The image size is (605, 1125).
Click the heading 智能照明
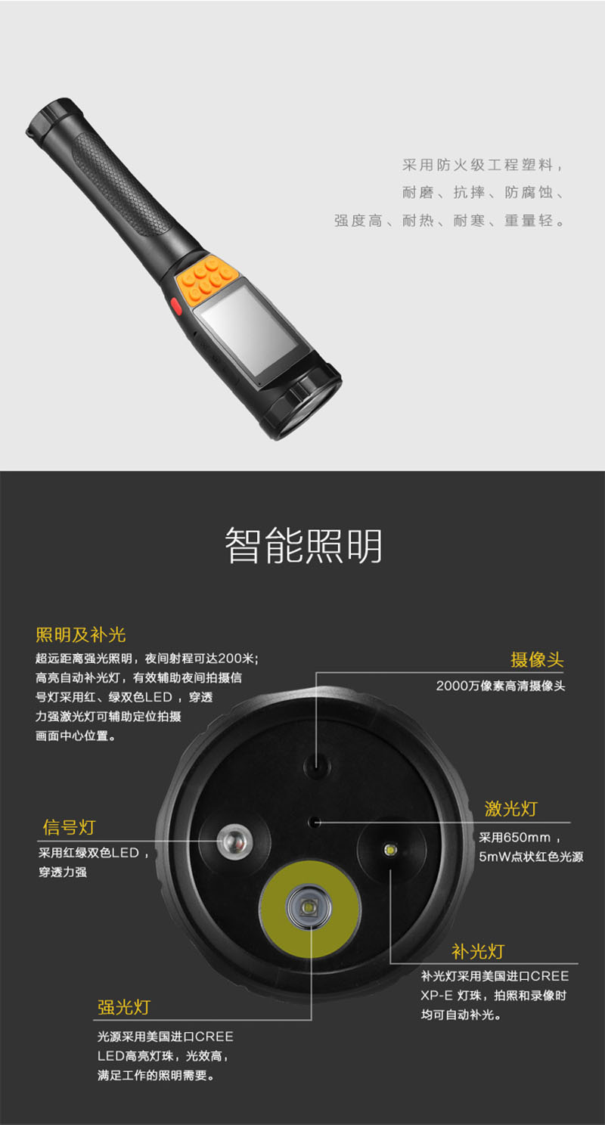(x=303, y=545)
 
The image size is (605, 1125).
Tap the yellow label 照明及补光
(x=80, y=635)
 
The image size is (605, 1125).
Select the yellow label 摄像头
(x=537, y=659)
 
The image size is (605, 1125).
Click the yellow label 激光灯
(x=511, y=809)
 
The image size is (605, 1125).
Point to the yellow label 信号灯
(x=69, y=827)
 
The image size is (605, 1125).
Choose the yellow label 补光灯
(x=478, y=951)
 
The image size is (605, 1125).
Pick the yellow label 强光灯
(x=123, y=1007)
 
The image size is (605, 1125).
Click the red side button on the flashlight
(x=176, y=306)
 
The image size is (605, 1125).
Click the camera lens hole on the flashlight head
(x=317, y=767)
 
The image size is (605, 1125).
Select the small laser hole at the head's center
(x=315, y=822)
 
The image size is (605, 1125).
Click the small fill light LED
(x=390, y=850)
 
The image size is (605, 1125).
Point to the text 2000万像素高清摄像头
(x=500, y=686)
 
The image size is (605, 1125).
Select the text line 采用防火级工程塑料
(x=482, y=165)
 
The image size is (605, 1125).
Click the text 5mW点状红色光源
(x=531, y=857)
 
